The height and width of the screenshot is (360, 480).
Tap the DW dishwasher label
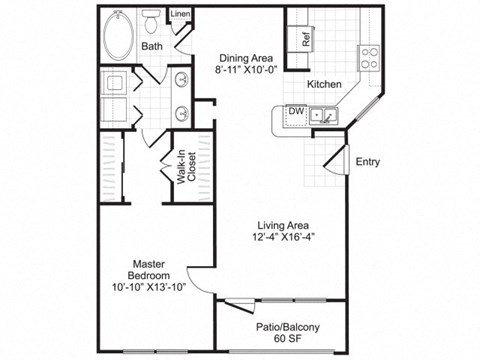coord(297,113)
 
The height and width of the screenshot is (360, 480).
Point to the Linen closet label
coord(180,13)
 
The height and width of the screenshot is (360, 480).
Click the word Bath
coord(152,46)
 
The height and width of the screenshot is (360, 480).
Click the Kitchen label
coord(326,84)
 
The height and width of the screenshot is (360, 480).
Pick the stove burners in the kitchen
coord(369,54)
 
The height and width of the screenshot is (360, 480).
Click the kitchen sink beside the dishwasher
coord(326,118)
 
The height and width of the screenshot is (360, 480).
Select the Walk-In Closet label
coord(187,168)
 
